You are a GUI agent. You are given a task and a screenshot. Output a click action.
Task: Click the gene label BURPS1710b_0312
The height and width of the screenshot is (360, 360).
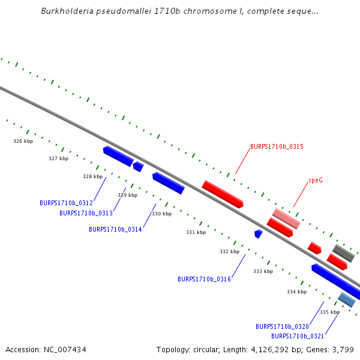click(x=66, y=203)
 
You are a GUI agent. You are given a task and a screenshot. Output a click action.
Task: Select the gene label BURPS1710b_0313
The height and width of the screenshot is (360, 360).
click(x=86, y=213)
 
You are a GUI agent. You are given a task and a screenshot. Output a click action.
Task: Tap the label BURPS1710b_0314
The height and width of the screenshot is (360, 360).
click(x=115, y=229)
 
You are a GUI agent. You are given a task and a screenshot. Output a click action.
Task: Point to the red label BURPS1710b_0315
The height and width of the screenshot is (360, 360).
click(x=277, y=146)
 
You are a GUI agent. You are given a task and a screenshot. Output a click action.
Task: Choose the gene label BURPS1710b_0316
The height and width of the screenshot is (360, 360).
click(x=204, y=279)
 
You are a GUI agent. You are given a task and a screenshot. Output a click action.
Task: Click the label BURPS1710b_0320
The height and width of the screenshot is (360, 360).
click(x=282, y=326)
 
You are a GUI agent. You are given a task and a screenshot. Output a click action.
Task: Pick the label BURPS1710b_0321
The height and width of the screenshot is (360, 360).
click(x=298, y=336)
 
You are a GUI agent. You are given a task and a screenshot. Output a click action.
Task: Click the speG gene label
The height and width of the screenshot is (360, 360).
click(x=316, y=180)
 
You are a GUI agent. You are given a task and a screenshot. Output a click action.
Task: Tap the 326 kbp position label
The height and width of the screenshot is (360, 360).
click(x=23, y=142)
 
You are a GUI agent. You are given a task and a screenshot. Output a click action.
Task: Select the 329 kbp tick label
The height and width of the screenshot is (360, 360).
click(x=127, y=195)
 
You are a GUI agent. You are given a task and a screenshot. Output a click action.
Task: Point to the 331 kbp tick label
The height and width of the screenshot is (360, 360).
click(x=196, y=232)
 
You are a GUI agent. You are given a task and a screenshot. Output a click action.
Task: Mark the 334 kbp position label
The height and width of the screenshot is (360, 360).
click(x=296, y=292)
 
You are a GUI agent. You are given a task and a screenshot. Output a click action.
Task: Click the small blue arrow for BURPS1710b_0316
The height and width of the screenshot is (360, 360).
click(x=259, y=233)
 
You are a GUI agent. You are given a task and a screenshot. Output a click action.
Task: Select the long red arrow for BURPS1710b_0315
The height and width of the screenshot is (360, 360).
click(x=222, y=194)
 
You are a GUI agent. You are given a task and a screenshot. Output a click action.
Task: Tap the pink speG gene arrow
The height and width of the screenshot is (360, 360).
click(x=286, y=218)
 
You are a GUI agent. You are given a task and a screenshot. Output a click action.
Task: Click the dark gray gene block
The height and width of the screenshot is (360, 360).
click(x=344, y=253)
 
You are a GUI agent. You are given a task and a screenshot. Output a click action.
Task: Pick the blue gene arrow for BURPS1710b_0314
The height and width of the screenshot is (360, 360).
click(x=168, y=183)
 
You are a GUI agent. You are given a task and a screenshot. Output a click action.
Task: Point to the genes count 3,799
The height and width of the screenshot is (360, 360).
click(x=343, y=349)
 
